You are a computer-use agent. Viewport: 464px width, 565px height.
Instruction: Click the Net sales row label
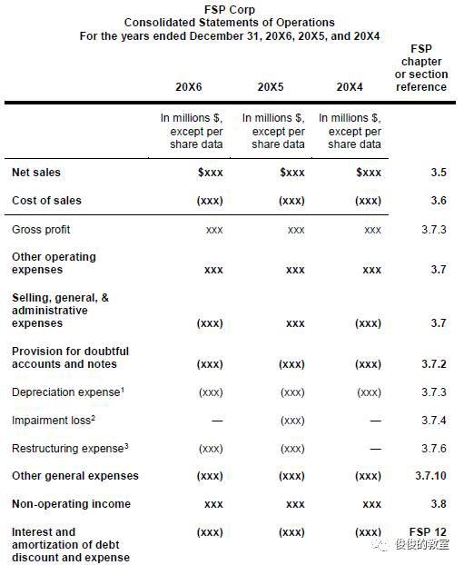[36, 173]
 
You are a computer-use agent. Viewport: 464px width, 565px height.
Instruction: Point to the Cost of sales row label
[46, 201]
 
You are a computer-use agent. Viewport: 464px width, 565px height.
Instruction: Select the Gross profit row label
[41, 230]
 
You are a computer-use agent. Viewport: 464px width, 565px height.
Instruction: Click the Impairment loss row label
[47, 421]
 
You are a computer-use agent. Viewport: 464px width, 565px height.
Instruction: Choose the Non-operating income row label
[71, 504]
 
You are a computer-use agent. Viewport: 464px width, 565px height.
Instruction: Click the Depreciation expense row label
[66, 392]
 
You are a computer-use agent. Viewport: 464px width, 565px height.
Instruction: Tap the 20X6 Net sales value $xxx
[210, 173]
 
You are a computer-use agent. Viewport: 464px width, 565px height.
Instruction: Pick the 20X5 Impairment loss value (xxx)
[291, 421]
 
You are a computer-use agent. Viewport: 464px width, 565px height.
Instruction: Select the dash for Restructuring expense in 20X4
[375, 449]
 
